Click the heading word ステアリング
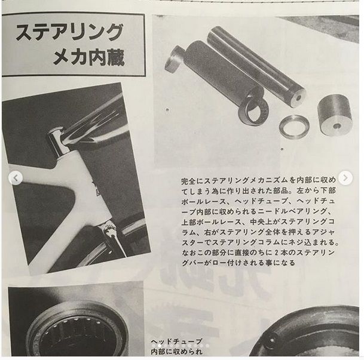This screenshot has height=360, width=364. coord(69,33)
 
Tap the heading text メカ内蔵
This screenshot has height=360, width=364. coord(89,57)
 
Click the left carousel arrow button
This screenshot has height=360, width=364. coord(16,178)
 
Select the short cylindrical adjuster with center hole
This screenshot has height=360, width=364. coord(334,115)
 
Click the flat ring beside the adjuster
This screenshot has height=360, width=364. coord(294,127)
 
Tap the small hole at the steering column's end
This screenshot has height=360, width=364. coord(298,98)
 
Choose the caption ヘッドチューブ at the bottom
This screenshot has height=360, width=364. coord(176,341)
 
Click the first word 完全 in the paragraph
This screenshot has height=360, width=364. coord(188,180)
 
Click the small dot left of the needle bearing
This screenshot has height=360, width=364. coord(167,110)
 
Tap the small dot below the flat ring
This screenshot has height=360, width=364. coord(282,149)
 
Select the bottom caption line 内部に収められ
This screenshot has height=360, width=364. coord(176,352)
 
